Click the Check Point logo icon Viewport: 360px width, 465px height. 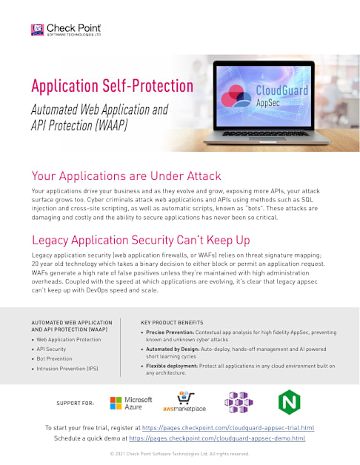click(x=37, y=30)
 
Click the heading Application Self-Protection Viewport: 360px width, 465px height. click(x=112, y=86)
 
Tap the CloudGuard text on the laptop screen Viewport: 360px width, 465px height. click(x=282, y=90)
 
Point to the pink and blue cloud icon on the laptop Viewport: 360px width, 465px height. click(x=236, y=96)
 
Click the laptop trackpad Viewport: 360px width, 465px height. click(x=267, y=138)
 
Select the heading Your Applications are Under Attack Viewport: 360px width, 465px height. click(x=126, y=176)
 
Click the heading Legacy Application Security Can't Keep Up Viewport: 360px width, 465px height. click(x=141, y=240)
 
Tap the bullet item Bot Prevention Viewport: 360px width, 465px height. click(x=54, y=358)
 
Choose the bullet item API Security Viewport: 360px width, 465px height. click(x=51, y=349)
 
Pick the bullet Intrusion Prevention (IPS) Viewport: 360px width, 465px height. click(x=67, y=368)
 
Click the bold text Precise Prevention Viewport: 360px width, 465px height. click(x=170, y=332)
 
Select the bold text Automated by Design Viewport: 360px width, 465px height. click(x=173, y=349)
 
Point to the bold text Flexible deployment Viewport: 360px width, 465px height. click(x=172, y=366)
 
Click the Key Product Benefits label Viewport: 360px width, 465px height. click(x=172, y=322)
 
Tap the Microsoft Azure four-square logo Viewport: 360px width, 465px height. click(x=116, y=403)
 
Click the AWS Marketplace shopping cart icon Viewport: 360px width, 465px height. click(x=185, y=398)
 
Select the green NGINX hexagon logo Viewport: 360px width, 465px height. click(x=290, y=402)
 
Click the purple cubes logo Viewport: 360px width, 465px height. click(x=239, y=402)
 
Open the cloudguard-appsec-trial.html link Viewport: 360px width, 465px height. click(x=228, y=428)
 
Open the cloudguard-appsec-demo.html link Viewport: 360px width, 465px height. click(x=217, y=438)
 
